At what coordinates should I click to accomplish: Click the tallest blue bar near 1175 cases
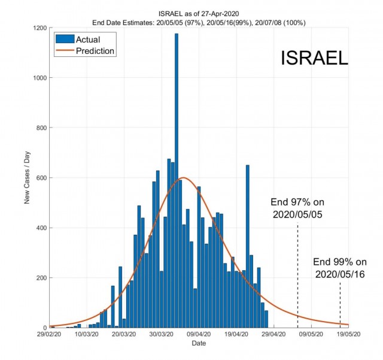point(177,180)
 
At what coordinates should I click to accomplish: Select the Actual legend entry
point(78,40)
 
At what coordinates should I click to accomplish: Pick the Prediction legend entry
point(85,51)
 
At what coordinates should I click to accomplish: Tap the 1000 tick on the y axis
point(39,78)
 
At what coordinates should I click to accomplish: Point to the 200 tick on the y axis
point(41,278)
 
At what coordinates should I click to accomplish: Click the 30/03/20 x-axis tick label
point(162,334)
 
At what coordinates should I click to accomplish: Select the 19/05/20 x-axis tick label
point(348,334)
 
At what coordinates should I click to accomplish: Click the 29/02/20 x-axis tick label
point(49,334)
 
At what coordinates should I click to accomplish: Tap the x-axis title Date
point(199,343)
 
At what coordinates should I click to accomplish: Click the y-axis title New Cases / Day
point(27,177)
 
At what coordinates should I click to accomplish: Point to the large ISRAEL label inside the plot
point(314,58)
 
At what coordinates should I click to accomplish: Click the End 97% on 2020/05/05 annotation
point(297,208)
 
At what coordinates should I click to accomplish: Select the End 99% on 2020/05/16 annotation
point(340,268)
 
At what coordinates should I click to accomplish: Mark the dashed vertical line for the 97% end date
point(297,275)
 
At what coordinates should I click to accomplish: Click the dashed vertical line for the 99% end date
point(340,305)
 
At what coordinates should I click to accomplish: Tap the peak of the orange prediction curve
point(184,177)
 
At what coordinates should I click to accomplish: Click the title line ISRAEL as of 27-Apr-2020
point(199,14)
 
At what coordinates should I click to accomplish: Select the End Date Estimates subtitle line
point(199,23)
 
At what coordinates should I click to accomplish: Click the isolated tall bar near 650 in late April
point(247,246)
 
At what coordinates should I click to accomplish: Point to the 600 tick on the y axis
point(41,178)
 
